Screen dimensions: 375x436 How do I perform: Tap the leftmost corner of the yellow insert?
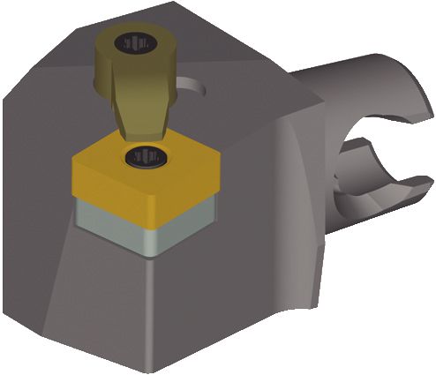[75, 163]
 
